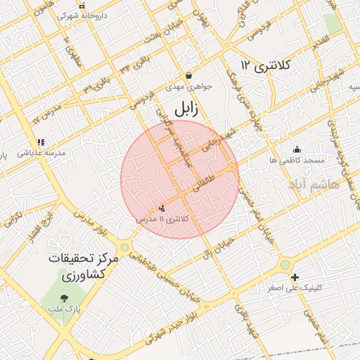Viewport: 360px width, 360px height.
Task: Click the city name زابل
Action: [x=186, y=109]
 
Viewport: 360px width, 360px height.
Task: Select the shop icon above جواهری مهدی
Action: [x=188, y=76]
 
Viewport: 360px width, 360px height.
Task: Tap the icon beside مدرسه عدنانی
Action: [x=41, y=141]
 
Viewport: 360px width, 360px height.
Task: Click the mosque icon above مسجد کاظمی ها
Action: [x=297, y=149]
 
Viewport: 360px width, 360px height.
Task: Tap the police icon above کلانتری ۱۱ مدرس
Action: [x=162, y=207]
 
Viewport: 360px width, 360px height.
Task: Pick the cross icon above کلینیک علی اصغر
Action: [x=295, y=277]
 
